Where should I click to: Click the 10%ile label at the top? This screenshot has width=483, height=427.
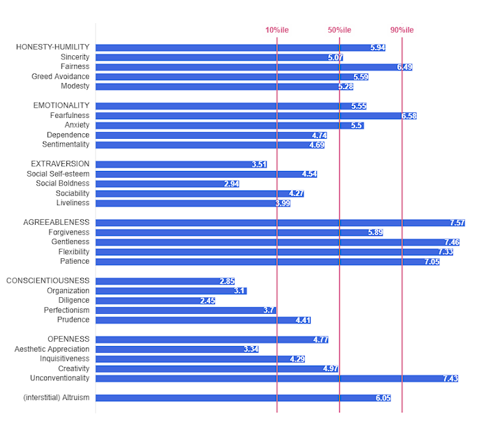(x=277, y=29)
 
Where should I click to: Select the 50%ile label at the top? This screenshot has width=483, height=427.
(x=339, y=29)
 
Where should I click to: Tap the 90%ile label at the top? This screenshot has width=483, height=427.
(x=402, y=29)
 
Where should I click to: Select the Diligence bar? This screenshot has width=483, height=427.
(x=155, y=301)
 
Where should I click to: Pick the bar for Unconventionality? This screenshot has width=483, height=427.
(x=276, y=378)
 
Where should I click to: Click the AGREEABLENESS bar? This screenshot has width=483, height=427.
(x=279, y=223)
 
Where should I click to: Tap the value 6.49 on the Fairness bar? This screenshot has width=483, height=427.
(x=404, y=67)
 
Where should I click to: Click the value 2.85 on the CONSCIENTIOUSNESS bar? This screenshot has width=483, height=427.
(x=227, y=281)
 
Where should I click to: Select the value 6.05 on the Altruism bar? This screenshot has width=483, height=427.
(x=382, y=398)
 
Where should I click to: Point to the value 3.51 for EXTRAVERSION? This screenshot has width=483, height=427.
(x=259, y=164)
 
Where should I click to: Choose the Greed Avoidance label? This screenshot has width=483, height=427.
(x=60, y=77)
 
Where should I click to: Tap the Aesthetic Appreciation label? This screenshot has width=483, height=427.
(x=52, y=349)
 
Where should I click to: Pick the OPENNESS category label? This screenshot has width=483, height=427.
(x=68, y=339)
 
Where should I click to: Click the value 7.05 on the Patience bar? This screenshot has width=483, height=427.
(x=431, y=262)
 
